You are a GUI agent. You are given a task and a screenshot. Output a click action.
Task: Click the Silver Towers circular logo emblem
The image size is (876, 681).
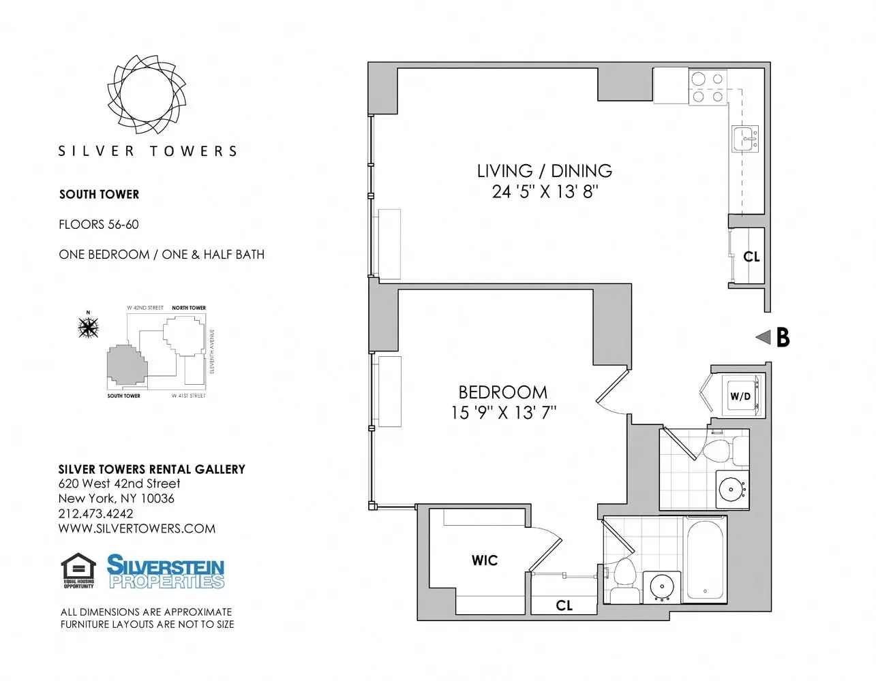coord(147,94)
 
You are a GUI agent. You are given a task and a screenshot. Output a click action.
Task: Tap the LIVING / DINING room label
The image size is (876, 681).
coord(544,171)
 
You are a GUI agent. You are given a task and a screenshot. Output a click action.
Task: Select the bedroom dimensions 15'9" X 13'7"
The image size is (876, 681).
coord(503,413)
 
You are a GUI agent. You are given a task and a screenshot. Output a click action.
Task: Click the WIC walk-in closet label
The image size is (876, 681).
coord(485,560)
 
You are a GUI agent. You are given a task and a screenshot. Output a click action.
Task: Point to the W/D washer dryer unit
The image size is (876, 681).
coord(740,396)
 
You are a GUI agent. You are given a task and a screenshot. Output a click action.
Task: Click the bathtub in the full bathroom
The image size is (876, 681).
coord(705,559)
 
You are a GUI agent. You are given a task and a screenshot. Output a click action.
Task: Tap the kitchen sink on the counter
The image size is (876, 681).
coord(745,139)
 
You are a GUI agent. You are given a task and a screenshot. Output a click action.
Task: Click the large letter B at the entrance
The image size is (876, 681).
coord(783,337)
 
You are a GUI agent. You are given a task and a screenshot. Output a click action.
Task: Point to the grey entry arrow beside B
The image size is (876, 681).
coord(764,336)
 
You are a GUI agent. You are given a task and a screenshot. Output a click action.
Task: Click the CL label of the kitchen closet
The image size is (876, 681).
coord(751,257)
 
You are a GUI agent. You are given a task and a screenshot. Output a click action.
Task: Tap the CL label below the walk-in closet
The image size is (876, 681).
coord(564,605)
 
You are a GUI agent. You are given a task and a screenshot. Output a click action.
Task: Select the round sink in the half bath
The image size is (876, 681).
coord(731,489)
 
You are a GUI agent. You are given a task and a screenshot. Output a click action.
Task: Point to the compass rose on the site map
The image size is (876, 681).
coord(89,328)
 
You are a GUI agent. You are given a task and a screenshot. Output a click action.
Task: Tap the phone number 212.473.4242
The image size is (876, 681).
coord(95,513)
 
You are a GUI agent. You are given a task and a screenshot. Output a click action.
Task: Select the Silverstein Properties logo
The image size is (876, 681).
coord(166,571)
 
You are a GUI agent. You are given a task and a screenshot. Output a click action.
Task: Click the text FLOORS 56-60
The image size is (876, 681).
coord(99,224)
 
